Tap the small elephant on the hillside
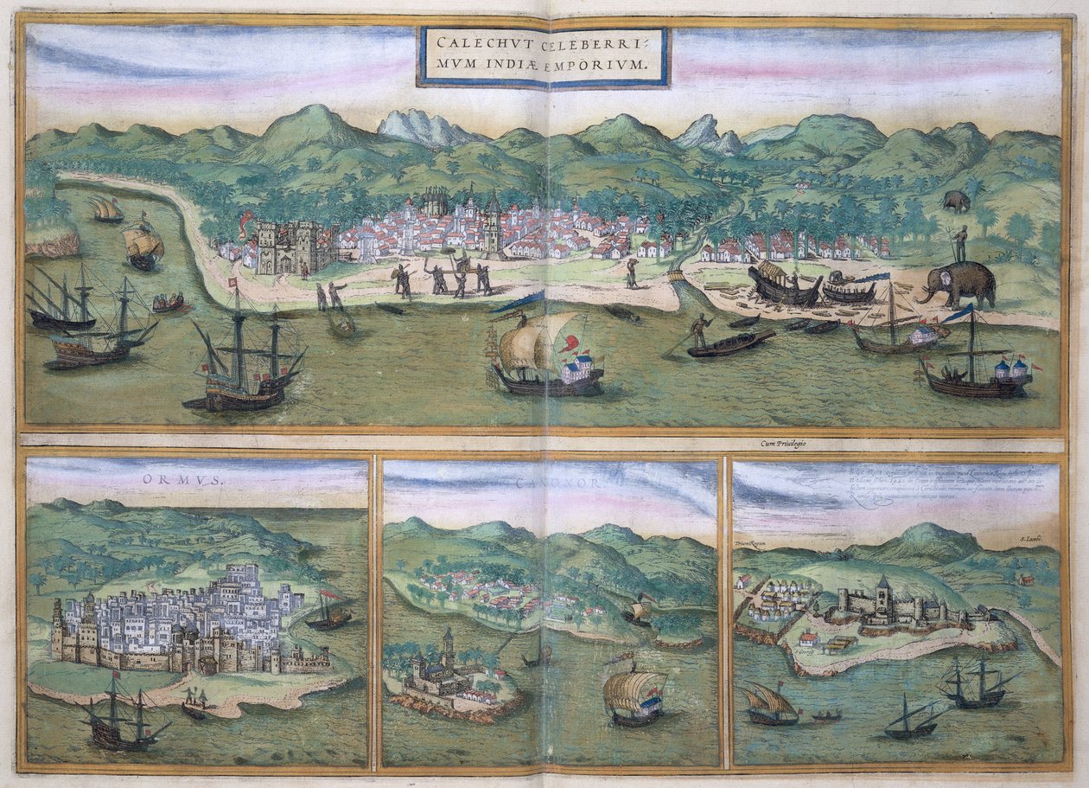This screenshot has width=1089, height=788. coord(957,201)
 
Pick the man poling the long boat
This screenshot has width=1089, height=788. coord(700,330)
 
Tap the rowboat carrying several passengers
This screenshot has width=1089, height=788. coord(169,302)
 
